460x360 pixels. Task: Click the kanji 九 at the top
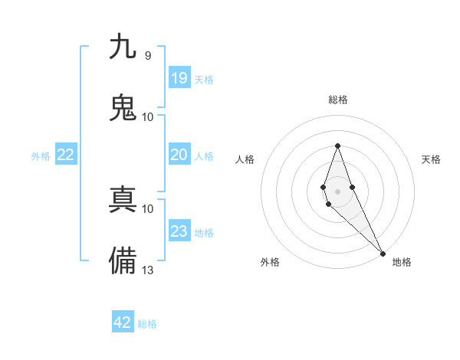[123, 47]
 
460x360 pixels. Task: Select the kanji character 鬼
[123, 107]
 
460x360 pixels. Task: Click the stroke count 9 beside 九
[147, 55]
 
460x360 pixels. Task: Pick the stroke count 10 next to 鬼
[147, 116]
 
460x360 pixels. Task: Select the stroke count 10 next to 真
[147, 208]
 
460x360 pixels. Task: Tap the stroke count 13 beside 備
[147, 270]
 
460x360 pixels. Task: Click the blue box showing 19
[179, 78]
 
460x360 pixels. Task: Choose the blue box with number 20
[179, 155]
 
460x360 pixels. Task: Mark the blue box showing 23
[179, 231]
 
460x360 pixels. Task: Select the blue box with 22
[66, 155]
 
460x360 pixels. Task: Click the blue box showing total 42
[123, 322]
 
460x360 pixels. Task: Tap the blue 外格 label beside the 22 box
[41, 156]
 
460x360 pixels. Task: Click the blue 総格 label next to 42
[147, 324]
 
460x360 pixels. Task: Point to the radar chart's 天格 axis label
[432, 159]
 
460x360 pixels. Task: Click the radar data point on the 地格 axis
[383, 254]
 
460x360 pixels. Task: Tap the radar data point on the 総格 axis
[337, 146]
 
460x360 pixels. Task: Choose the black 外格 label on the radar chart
[270, 262]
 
